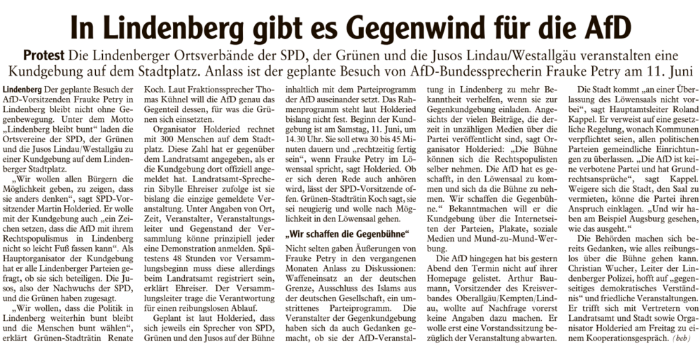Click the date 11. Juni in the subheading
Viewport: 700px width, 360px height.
(x=668, y=71)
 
